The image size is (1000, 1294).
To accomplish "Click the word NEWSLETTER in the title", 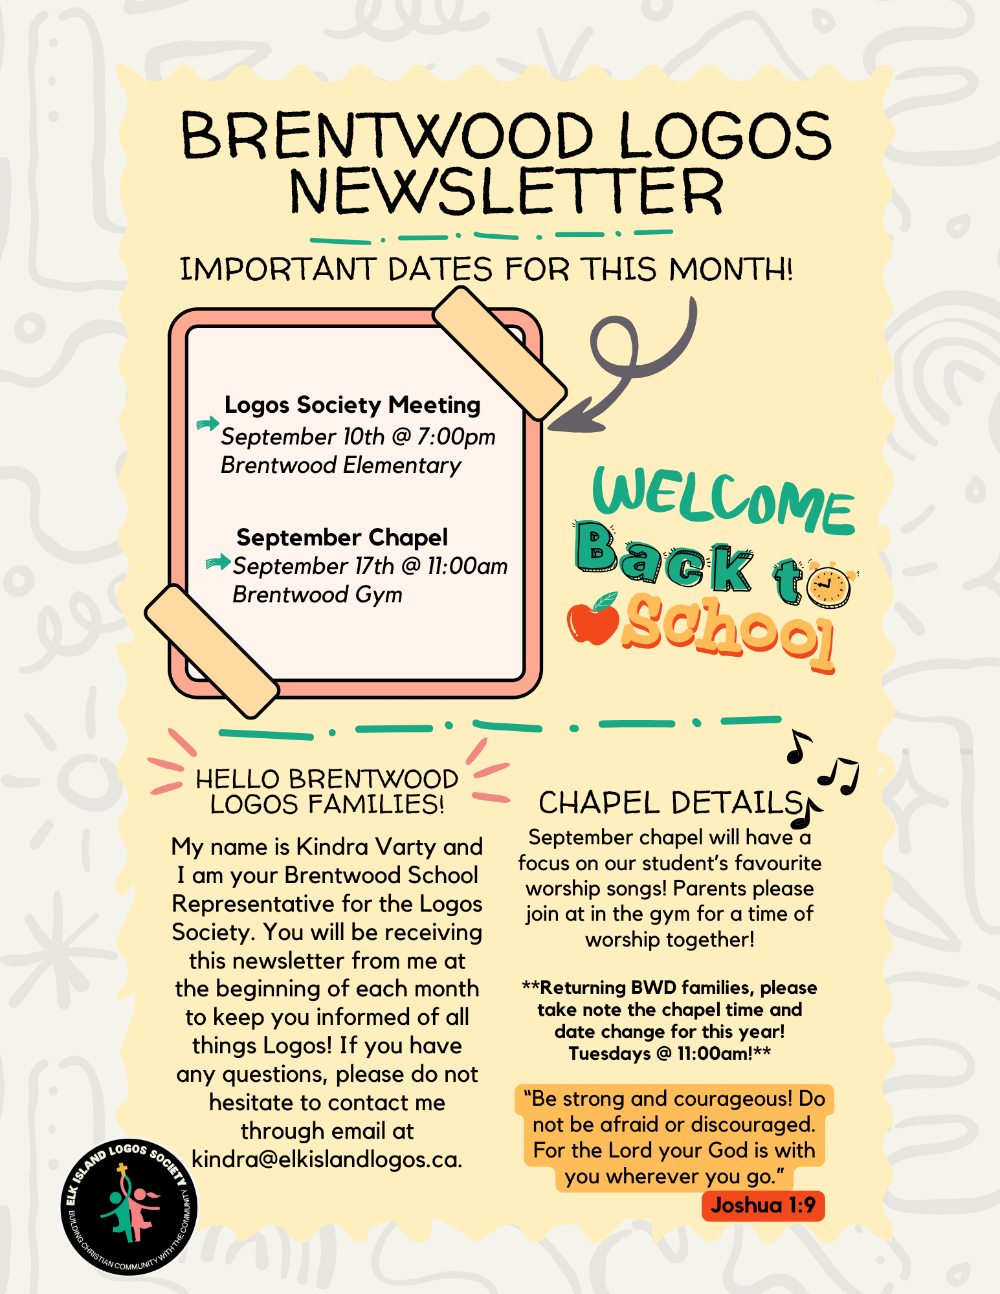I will click(506, 192).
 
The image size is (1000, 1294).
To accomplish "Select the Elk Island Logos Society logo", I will click(130, 1207).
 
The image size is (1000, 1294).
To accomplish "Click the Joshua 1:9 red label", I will click(763, 1205).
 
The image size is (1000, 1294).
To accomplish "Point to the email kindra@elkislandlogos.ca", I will click(327, 1159).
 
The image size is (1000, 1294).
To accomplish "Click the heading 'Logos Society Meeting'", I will click(352, 405).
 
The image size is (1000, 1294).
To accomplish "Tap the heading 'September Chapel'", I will click(342, 537).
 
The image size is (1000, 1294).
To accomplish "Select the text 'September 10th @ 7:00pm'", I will click(358, 437).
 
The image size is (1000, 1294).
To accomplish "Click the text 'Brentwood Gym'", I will click(317, 594).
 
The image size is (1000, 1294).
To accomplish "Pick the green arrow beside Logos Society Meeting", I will click(208, 424).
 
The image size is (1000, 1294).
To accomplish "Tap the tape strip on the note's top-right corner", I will click(500, 353).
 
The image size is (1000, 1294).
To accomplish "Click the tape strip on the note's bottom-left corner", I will click(212, 652).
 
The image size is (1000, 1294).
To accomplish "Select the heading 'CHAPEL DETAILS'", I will click(671, 803).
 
